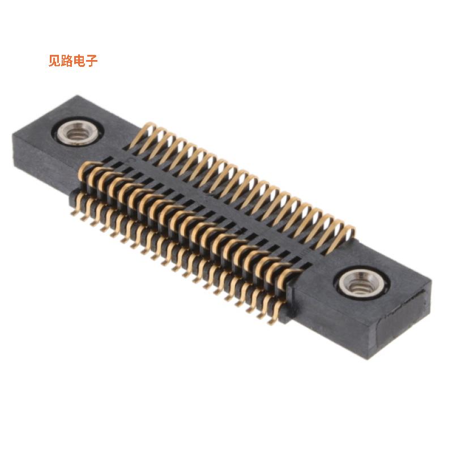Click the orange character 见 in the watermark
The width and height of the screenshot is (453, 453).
pos(54,61)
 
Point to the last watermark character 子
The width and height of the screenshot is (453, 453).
pos(92,61)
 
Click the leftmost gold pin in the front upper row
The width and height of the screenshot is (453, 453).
pos(85,170)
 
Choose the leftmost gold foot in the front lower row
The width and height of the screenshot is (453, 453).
pos(75,210)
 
